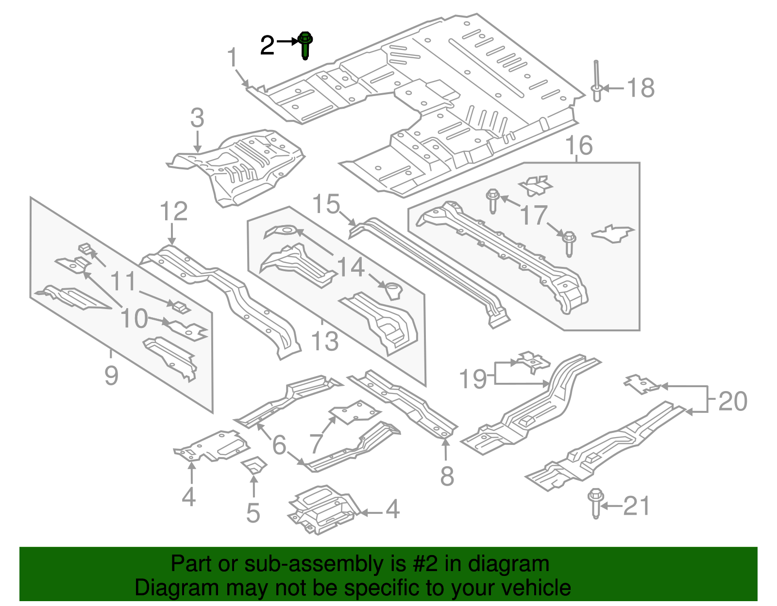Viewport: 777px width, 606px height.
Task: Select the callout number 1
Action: (x=233, y=58)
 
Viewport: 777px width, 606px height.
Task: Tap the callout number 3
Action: (x=197, y=118)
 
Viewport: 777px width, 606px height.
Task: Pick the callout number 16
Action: (x=579, y=145)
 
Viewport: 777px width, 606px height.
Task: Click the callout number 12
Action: (x=173, y=212)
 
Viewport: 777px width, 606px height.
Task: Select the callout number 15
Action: (x=326, y=204)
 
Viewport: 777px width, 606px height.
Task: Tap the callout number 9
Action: (x=111, y=375)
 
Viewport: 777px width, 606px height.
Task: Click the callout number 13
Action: (x=324, y=341)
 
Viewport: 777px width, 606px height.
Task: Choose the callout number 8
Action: (x=447, y=476)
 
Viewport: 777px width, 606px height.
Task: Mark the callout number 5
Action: (x=253, y=513)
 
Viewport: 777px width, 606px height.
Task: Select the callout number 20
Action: (x=732, y=401)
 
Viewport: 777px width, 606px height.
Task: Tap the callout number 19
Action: (x=473, y=379)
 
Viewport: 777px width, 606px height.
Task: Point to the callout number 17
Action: (x=533, y=215)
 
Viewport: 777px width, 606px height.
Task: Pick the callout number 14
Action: (x=350, y=267)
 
